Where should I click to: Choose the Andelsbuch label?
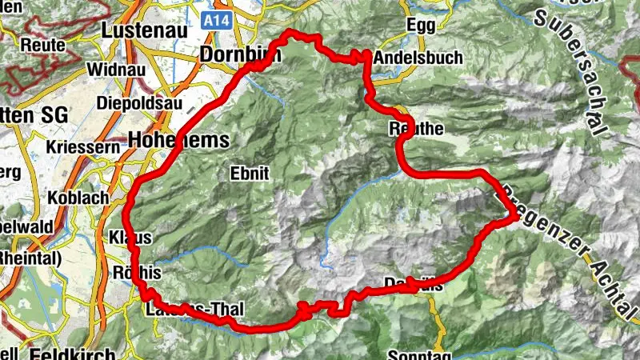408,57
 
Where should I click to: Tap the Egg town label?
421,25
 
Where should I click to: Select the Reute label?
42,44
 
